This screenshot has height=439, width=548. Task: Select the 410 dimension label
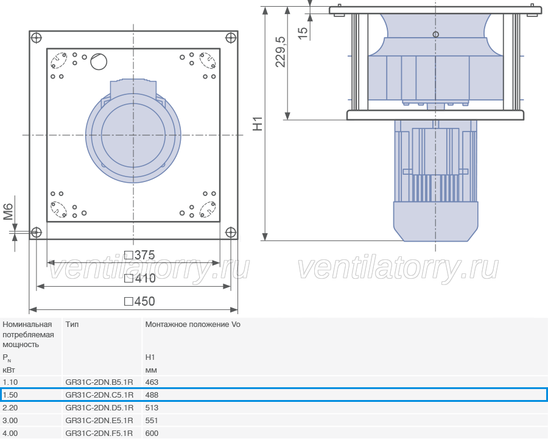tap(140, 278)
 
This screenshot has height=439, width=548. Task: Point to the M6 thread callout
tap(8, 212)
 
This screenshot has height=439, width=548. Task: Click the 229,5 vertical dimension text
tap(280, 52)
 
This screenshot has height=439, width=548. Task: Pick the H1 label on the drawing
tap(258, 124)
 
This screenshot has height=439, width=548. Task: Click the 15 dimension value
tap(303, 33)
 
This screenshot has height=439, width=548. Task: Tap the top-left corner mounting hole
tap(37, 38)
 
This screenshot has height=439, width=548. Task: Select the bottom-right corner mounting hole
tap(231, 232)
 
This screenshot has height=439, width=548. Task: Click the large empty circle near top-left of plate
tap(99, 62)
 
